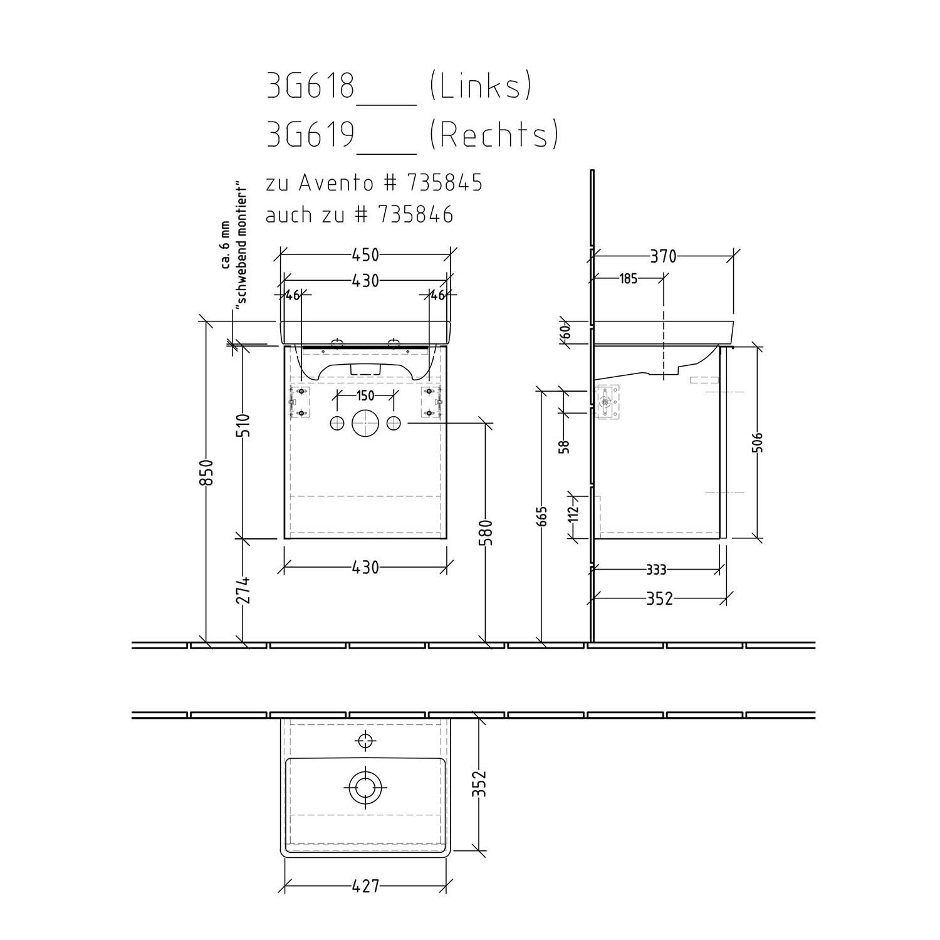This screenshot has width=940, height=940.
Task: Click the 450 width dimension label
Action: point(365,255)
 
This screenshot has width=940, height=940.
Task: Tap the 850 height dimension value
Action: point(207,472)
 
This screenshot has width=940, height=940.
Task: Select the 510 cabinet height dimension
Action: point(243,426)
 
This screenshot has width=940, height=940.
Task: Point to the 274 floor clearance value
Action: point(243,590)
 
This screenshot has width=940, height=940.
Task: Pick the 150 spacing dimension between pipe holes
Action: point(365,395)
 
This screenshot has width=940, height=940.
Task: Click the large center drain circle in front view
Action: point(365,423)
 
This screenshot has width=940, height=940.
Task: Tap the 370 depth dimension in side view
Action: point(663,256)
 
